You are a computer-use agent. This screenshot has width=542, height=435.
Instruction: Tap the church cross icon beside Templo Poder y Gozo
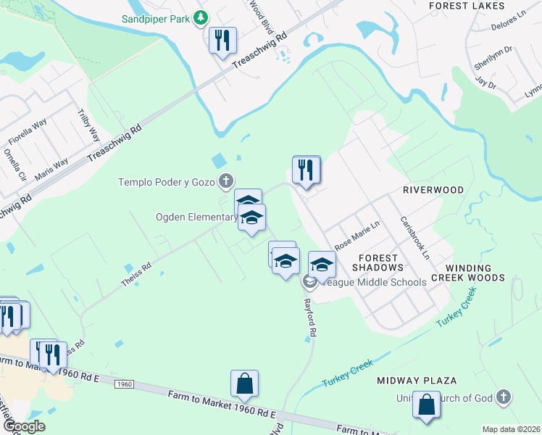(x=227, y=181)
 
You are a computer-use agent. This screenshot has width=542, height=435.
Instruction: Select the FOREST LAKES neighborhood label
(x=477, y=5)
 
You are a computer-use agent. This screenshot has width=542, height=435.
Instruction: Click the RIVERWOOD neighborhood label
(x=433, y=190)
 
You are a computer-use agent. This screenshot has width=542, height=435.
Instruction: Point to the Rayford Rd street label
(x=310, y=317)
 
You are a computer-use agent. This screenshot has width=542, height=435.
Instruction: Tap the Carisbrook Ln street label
(x=415, y=239)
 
